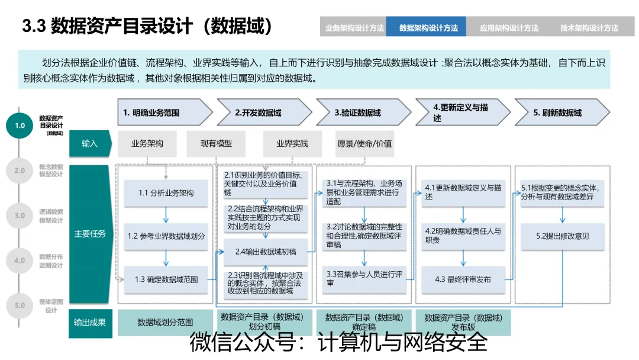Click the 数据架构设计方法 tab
coord(428,27)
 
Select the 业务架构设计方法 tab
coord(354,27)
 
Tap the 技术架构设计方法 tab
coord(589,27)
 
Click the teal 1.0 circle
coord(20,126)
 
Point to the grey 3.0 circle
coord(20,216)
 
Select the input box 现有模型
coord(216,143)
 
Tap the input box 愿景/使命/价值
coord(364,143)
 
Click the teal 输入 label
coord(90,143)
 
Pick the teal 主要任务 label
coord(90,233)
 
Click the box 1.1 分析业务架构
coord(166,192)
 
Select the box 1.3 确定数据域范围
coord(166,279)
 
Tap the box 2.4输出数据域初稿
coord(266,252)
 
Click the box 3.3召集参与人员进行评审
coord(364,279)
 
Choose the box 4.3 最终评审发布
coord(463,279)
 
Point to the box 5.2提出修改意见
coord(562,236)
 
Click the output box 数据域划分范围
coord(165,322)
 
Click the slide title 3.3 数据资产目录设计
coord(148,27)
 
